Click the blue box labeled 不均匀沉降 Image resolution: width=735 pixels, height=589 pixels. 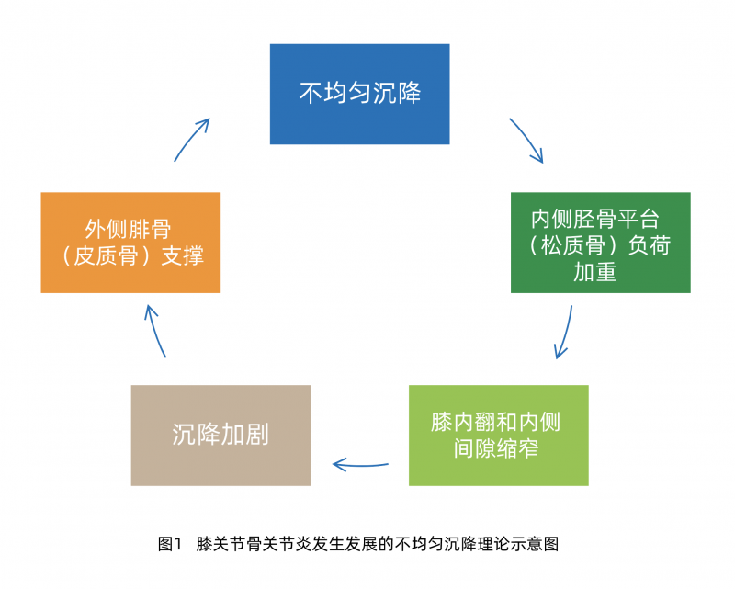pos(359,94)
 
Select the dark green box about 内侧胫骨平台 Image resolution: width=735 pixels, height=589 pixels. pos(600,243)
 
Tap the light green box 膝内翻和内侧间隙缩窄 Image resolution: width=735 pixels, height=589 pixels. pos(498,435)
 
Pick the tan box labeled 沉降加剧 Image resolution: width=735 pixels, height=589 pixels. pos(220,435)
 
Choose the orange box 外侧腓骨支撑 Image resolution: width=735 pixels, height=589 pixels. pos(130,243)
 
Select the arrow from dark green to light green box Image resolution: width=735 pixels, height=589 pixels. pos(564,333)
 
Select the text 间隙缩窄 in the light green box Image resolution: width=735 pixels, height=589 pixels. pos(496,448)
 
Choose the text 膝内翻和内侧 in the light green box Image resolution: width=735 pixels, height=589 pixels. pos(496,422)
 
